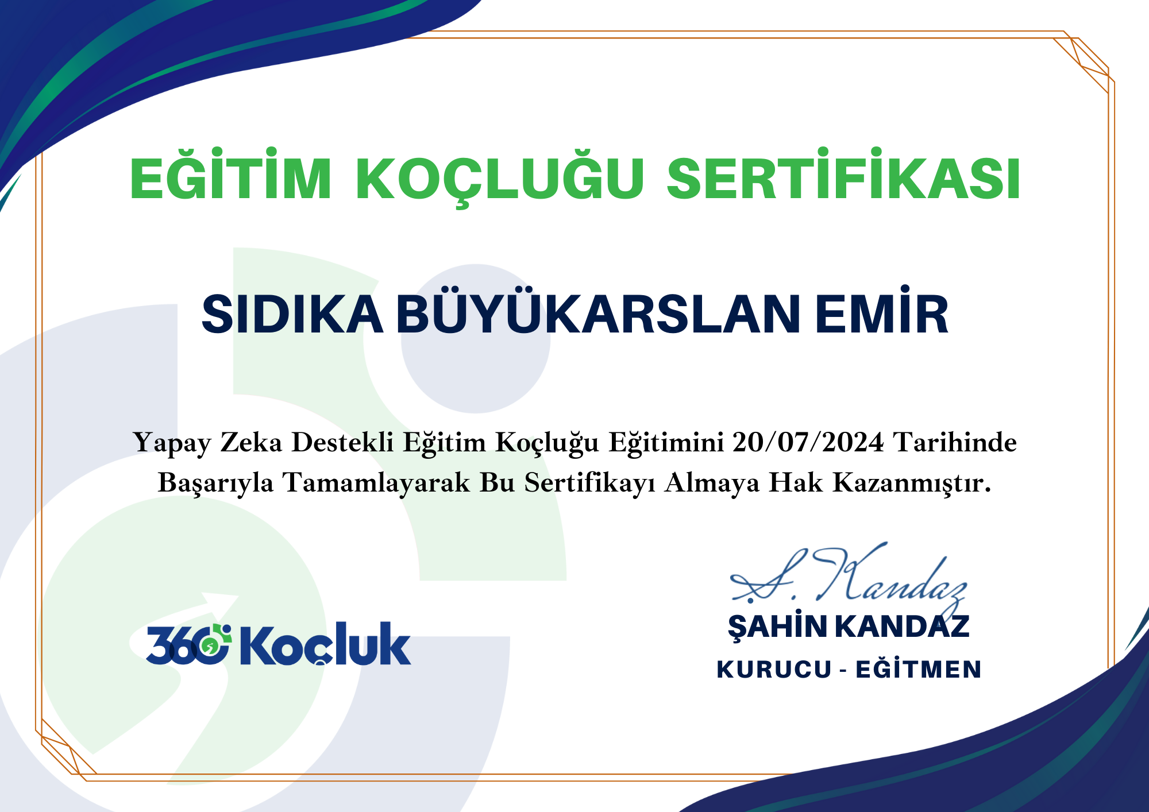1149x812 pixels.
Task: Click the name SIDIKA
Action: click(292, 314)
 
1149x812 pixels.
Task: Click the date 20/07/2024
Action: click(808, 442)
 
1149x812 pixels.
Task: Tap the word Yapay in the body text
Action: click(172, 444)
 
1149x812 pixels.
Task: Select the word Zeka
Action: click(251, 442)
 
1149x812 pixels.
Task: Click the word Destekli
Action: click(342, 442)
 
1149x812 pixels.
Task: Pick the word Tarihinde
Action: click(955, 442)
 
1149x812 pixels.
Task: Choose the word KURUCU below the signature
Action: click(774, 670)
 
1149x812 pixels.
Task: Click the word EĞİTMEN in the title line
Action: click(918, 668)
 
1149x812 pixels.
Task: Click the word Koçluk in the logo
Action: click(325, 644)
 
